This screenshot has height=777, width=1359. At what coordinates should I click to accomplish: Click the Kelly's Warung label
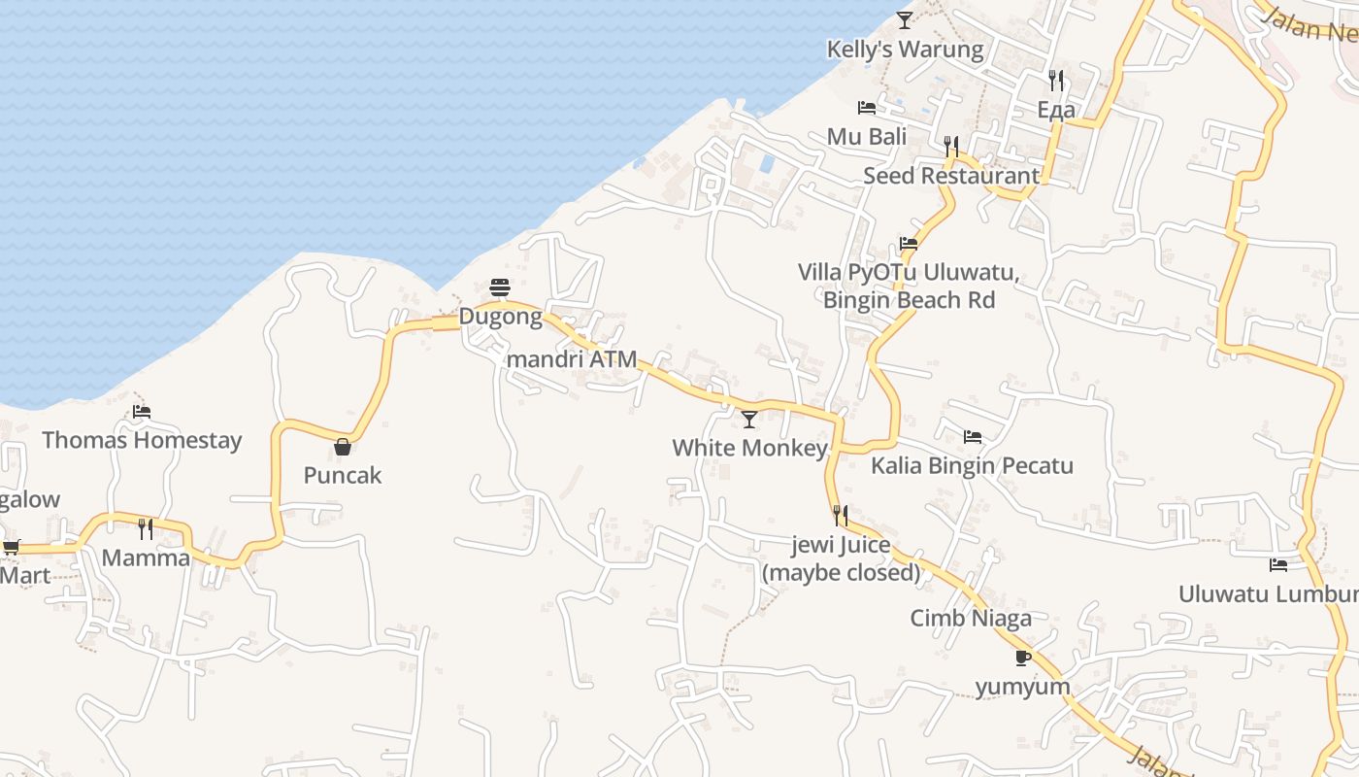(x=905, y=49)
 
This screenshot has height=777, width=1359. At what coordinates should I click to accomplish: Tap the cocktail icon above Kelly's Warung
(x=905, y=19)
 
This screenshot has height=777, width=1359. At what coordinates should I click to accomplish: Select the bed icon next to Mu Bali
(x=867, y=107)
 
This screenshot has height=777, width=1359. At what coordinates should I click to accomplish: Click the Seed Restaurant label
(x=951, y=176)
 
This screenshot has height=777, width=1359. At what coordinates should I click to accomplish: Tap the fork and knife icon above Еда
(x=1056, y=80)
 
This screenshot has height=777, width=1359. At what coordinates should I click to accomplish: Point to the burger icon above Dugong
(x=500, y=287)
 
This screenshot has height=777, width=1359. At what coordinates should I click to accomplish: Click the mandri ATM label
(x=572, y=359)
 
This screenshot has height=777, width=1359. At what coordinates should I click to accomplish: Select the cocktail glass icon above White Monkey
(x=749, y=420)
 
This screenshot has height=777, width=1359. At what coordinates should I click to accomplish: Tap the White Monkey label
(x=749, y=448)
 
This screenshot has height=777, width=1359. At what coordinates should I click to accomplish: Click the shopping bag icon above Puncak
(x=343, y=447)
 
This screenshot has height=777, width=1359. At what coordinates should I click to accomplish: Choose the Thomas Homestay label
(x=142, y=440)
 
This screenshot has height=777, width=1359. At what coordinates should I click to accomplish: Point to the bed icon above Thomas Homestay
(x=142, y=412)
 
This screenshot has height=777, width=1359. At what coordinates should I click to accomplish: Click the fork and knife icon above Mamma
(x=146, y=529)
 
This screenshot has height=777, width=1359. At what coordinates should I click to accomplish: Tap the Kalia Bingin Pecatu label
(x=972, y=465)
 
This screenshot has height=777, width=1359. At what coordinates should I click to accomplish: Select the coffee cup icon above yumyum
(x=1023, y=658)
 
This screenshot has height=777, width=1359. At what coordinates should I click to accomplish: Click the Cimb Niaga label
(x=971, y=618)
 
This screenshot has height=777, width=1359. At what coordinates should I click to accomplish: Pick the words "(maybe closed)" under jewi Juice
(x=841, y=573)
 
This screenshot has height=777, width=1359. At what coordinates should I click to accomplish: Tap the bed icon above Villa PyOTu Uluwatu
(x=909, y=243)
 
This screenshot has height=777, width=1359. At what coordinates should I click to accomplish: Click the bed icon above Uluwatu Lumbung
(x=1278, y=564)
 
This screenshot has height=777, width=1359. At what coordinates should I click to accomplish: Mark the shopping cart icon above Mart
(x=12, y=547)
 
